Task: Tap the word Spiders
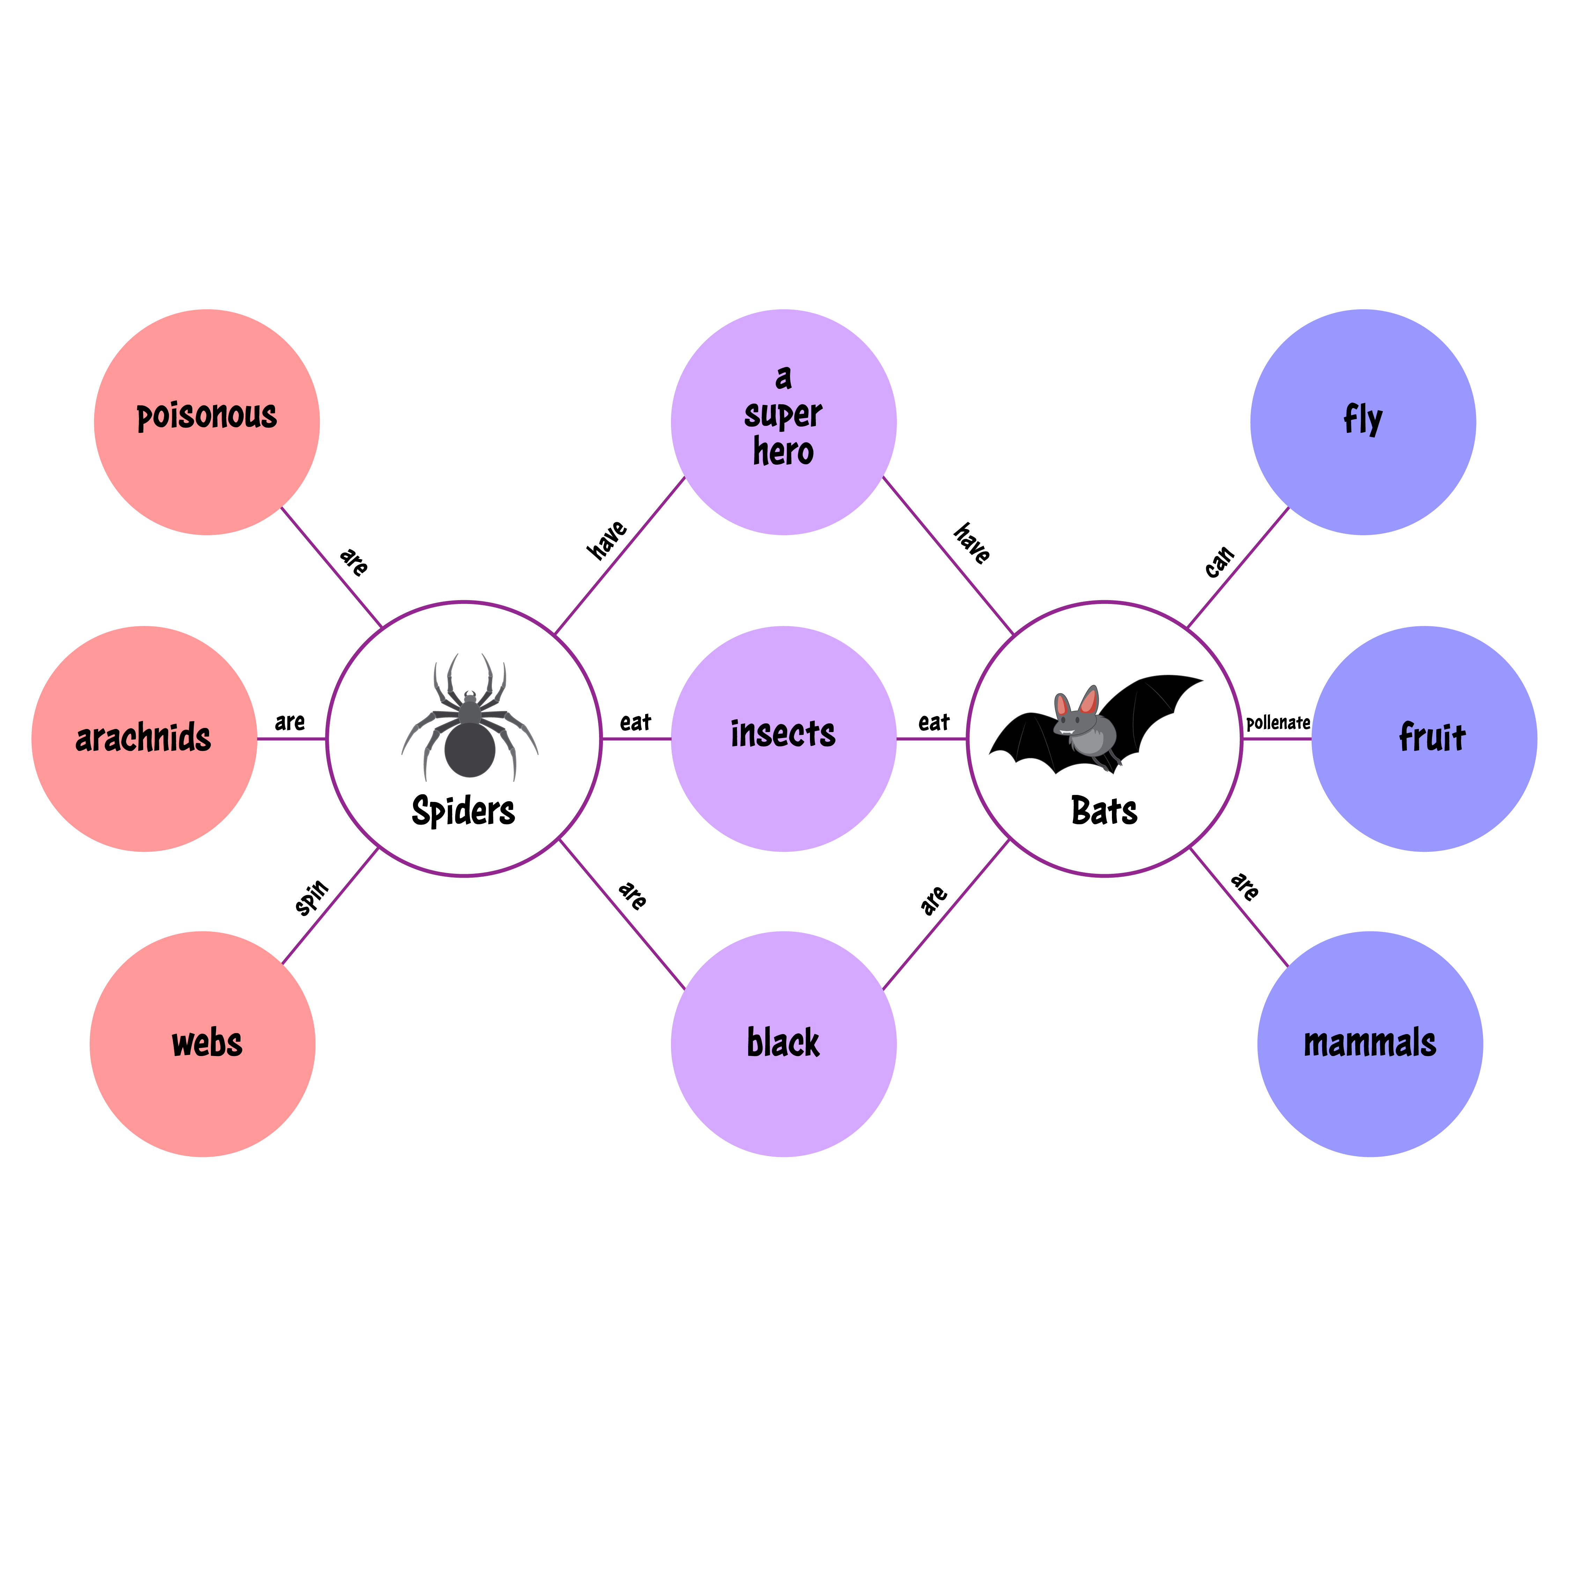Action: (x=464, y=811)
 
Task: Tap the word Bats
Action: (x=1104, y=811)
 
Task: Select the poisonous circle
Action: (x=207, y=422)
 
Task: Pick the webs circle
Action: (x=202, y=1044)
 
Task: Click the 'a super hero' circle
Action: (x=784, y=422)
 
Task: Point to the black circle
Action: (x=784, y=1044)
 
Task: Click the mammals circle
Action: (x=1370, y=1044)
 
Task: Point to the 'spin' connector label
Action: (x=311, y=897)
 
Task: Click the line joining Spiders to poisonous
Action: (x=331, y=568)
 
